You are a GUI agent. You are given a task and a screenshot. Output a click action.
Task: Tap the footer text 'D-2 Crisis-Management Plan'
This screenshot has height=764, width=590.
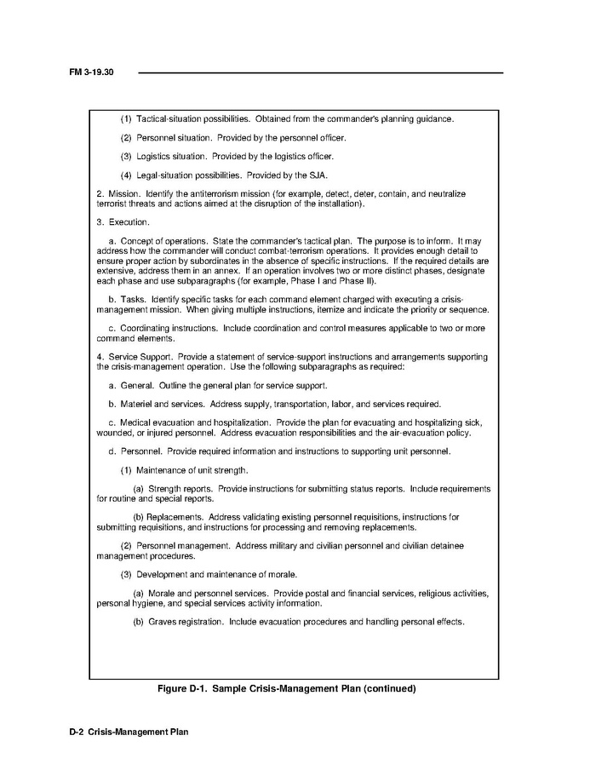[129, 732]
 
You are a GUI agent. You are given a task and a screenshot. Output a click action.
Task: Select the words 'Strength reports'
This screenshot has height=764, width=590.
[180, 489]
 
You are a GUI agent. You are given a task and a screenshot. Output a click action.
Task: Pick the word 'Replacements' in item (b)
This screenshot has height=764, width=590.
[174, 517]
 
